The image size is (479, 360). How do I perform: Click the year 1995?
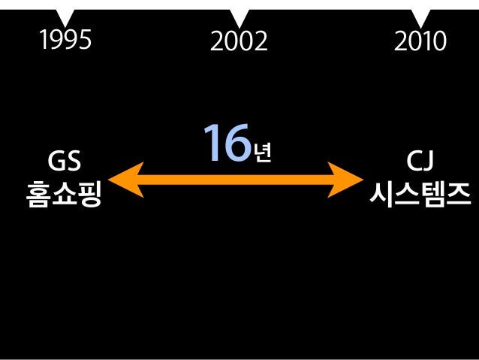68,39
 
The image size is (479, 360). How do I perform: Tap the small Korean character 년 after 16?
262,153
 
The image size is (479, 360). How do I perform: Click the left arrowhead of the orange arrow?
122,180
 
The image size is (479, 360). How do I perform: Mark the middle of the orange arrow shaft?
236,180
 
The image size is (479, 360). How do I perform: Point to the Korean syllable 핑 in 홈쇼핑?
89,194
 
